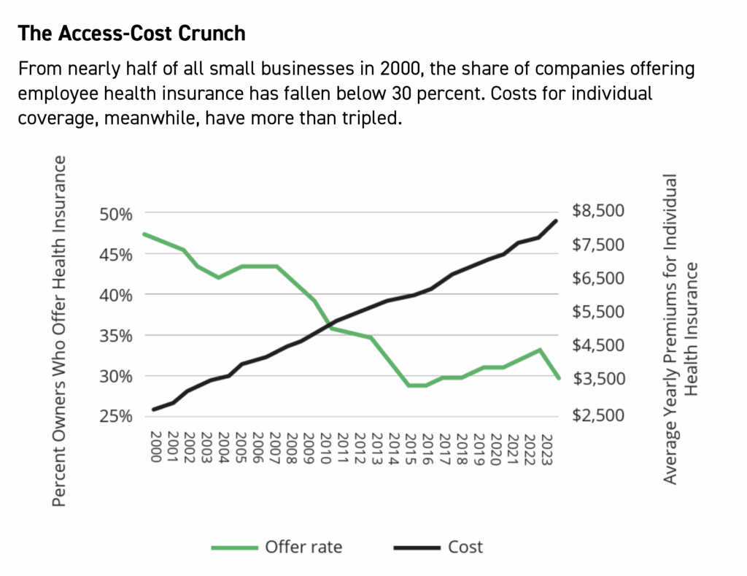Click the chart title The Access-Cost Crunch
pos(132,34)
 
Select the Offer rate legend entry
pos(276,546)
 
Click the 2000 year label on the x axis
pos(155,446)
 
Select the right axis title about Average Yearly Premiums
pos(680,329)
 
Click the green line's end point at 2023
pos(558,377)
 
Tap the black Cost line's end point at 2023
pos(557,220)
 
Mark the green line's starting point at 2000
pos(144,234)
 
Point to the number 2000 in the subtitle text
pos(400,70)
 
